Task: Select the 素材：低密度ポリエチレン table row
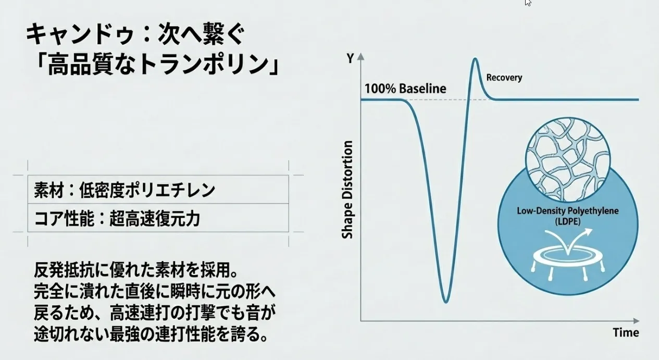pos(158,190)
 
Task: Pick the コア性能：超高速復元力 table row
pos(158,218)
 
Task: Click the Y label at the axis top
pos(350,58)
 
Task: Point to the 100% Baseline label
pos(405,89)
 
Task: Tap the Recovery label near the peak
pos(504,78)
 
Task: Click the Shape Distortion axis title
pos(347,190)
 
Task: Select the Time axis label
pos(626,332)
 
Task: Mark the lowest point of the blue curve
pos(446,302)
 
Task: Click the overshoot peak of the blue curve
pos(475,59)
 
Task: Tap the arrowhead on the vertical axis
pos(360,56)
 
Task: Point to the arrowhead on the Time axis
pos(636,320)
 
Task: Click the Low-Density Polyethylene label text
pos(567,211)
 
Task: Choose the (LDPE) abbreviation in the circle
pos(568,221)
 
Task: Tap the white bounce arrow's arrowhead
pos(588,232)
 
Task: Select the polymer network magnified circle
pos(567,160)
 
